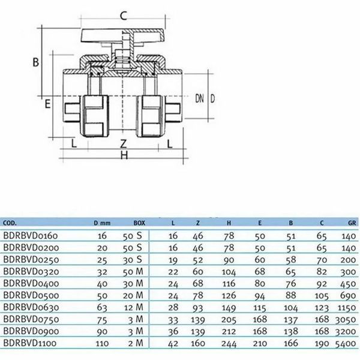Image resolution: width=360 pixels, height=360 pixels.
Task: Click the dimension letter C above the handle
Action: tap(124, 16)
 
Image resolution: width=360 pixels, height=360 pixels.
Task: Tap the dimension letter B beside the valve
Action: tap(35, 62)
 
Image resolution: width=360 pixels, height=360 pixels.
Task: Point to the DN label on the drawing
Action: tap(200, 98)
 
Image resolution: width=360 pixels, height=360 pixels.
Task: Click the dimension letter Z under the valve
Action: tap(124, 143)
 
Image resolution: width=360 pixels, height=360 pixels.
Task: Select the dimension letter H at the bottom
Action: tap(124, 155)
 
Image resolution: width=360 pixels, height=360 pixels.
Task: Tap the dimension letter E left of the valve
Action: tap(47, 104)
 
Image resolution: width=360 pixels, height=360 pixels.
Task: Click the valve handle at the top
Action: tap(123, 35)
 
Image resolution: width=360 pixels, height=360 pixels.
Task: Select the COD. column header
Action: tap(10, 223)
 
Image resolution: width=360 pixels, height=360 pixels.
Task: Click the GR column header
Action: tap(352, 223)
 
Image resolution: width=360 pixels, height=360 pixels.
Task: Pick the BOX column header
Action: tap(139, 223)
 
